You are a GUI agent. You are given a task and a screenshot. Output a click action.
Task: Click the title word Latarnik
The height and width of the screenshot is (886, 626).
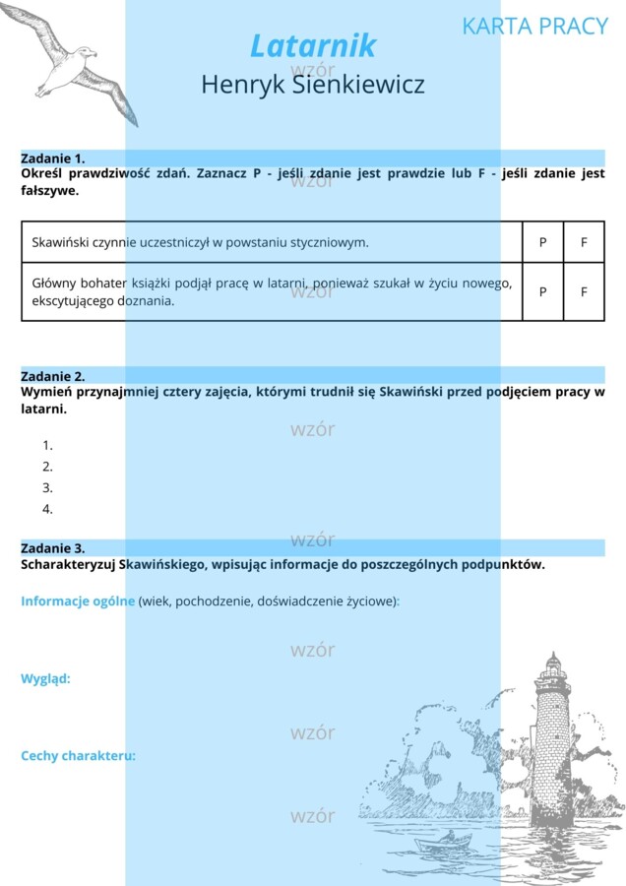(x=313, y=45)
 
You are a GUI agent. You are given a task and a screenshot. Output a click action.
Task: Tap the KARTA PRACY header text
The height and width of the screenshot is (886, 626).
(x=534, y=26)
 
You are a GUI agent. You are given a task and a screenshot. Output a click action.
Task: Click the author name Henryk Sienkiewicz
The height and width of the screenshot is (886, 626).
(x=313, y=85)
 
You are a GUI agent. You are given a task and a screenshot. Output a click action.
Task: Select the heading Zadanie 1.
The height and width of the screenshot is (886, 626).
(x=53, y=158)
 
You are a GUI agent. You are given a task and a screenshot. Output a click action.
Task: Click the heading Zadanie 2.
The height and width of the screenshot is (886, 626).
(x=53, y=376)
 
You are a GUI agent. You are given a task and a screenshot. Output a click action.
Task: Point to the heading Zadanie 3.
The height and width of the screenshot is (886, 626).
(x=53, y=547)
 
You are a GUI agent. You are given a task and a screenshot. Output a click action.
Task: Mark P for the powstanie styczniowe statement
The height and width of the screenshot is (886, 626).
(x=542, y=242)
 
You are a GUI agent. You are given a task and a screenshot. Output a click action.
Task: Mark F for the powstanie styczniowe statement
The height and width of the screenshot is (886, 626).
(x=584, y=242)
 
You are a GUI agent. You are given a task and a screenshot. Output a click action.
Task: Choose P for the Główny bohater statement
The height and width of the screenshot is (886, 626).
(x=542, y=291)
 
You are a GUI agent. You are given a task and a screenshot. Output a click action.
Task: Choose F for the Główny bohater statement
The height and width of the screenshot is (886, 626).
(x=584, y=291)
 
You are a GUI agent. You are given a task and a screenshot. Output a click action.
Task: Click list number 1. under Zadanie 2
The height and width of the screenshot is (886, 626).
(x=47, y=445)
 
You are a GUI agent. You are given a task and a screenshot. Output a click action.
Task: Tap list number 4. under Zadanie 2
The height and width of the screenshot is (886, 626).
(x=47, y=509)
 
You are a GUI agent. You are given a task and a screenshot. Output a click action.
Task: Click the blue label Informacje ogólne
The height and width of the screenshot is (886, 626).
(x=78, y=601)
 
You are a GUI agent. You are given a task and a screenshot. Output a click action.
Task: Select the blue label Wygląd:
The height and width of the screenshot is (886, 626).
(x=45, y=678)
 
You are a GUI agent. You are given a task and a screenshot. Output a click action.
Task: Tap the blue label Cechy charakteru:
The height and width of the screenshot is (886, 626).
(x=78, y=756)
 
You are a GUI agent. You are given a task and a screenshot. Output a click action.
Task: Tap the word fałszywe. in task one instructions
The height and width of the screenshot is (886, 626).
(x=49, y=191)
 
